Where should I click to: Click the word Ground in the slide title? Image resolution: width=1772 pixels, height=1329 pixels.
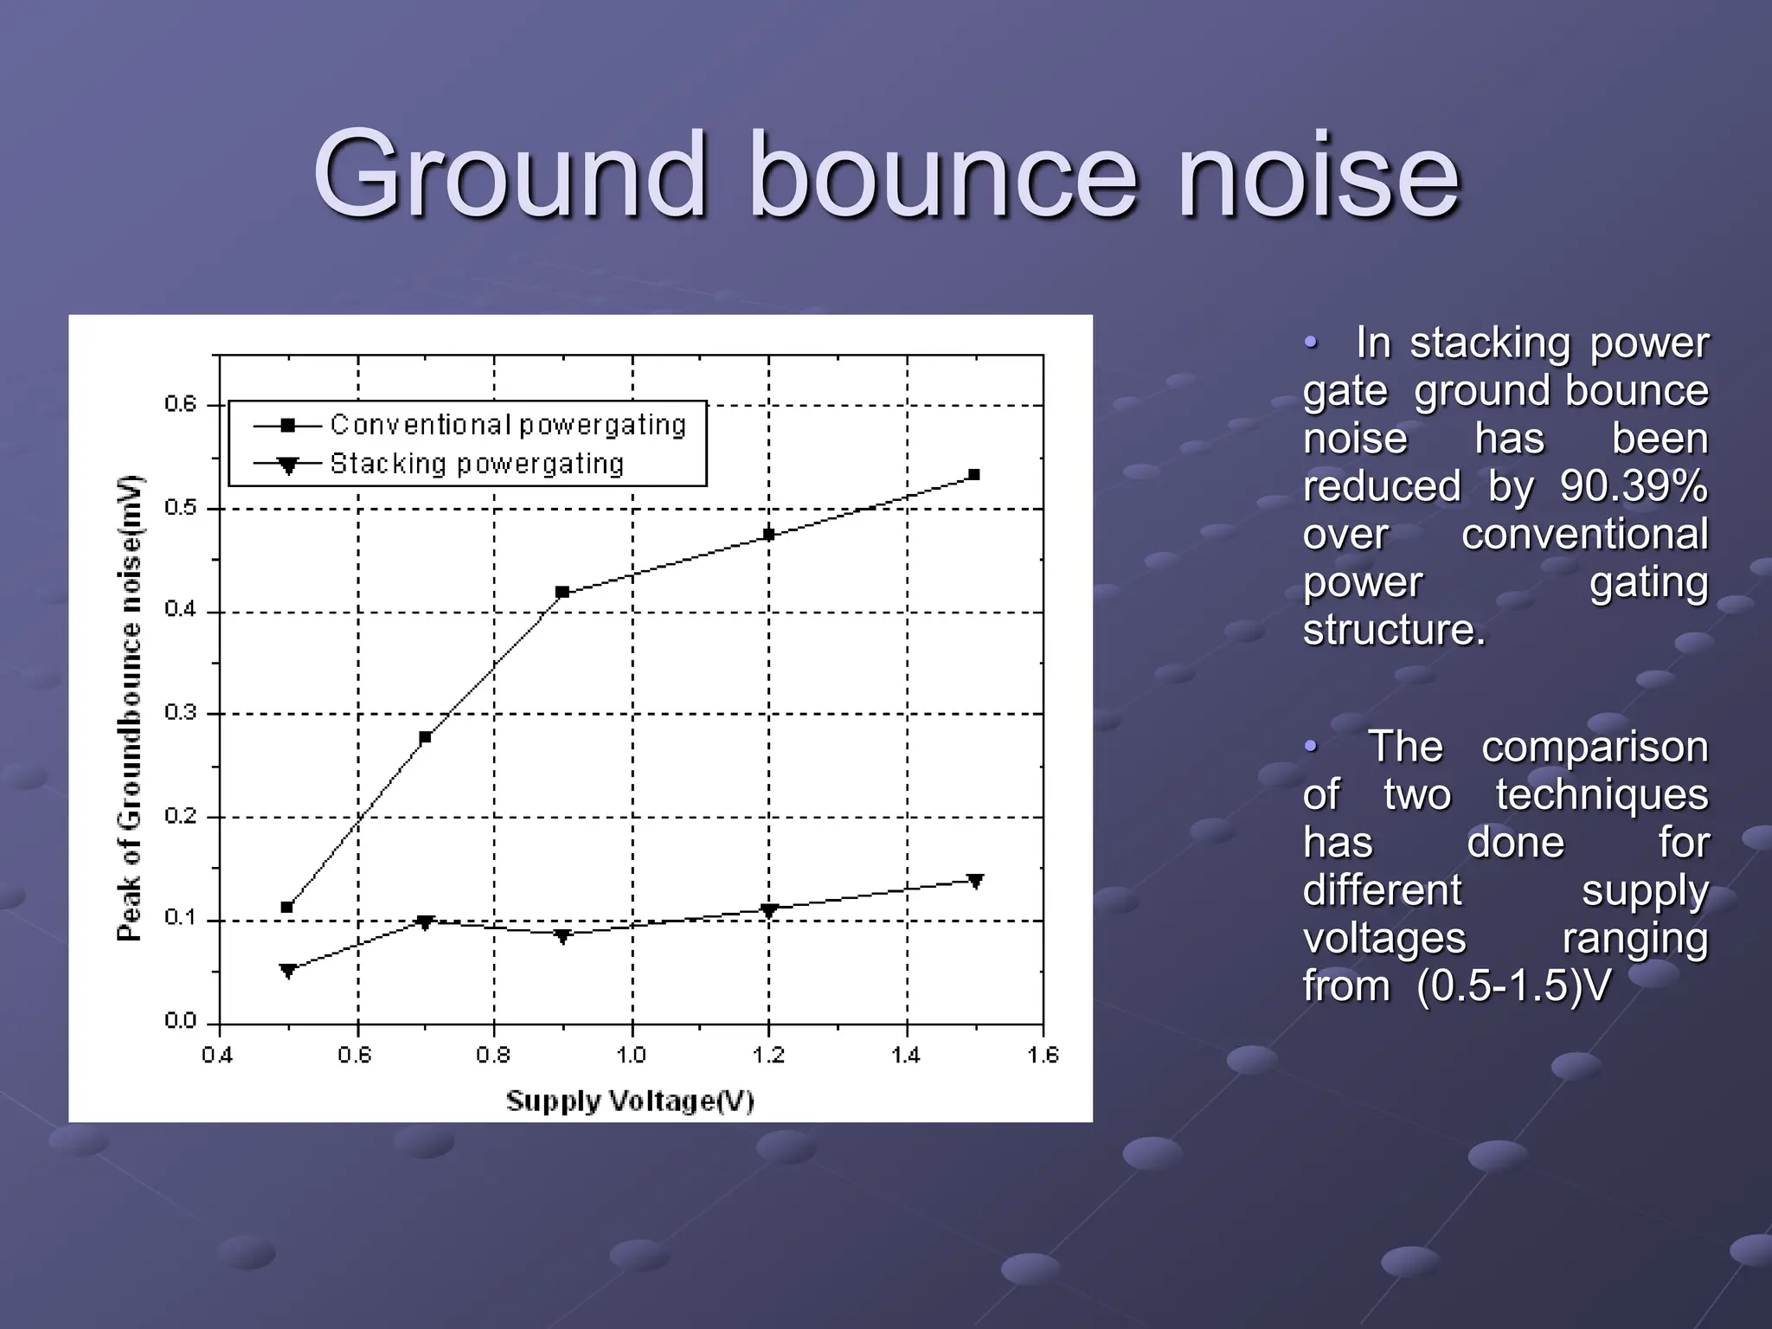click(x=510, y=175)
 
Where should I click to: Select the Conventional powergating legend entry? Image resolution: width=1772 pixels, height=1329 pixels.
click(x=508, y=425)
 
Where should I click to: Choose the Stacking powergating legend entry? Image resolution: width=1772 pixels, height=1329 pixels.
click(x=476, y=465)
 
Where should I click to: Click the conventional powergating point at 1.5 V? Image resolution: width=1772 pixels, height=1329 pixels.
click(x=974, y=474)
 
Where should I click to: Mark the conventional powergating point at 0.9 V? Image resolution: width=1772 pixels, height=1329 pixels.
click(x=562, y=593)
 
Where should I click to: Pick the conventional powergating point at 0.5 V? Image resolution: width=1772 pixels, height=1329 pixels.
click(x=287, y=907)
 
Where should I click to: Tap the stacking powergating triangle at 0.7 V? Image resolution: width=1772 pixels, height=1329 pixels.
click(x=425, y=922)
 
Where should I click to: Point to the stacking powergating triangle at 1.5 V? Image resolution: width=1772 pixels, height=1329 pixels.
click(x=975, y=882)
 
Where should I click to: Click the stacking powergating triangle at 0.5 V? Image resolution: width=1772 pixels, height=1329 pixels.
click(x=288, y=971)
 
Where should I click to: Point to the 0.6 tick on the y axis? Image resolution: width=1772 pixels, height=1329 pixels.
click(x=181, y=404)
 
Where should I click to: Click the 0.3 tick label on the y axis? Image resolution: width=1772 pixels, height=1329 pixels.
click(x=181, y=714)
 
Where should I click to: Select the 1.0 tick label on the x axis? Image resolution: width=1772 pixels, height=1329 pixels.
click(x=631, y=1055)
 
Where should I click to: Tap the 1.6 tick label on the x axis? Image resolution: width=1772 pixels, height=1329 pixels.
click(x=1043, y=1055)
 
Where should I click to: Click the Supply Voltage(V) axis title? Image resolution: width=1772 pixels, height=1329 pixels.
click(x=630, y=1101)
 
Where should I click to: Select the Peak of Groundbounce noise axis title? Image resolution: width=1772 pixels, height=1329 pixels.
click(x=130, y=708)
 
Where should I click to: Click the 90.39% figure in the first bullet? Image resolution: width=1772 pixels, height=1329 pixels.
click(x=1634, y=486)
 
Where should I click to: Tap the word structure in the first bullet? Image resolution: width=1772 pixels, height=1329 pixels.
click(x=1393, y=630)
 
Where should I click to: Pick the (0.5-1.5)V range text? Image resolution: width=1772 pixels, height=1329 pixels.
click(x=1514, y=986)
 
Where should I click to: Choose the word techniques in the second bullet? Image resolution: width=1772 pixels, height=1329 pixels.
click(x=1602, y=794)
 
